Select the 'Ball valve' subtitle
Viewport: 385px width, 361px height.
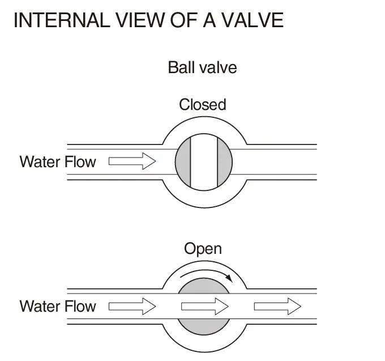click(202, 68)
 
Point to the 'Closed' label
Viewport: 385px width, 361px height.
click(202, 104)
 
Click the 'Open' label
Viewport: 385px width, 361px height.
click(203, 249)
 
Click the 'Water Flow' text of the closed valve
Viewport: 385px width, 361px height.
click(58, 162)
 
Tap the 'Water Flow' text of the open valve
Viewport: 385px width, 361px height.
click(58, 307)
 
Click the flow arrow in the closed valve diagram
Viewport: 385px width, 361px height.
click(132, 162)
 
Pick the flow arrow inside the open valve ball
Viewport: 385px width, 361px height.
click(204, 307)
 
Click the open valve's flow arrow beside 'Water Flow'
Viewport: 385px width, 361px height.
click(132, 307)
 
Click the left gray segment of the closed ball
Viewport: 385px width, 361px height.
click(183, 162)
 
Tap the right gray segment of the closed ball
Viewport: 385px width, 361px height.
click(225, 162)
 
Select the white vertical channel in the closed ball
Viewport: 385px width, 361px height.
click(204, 162)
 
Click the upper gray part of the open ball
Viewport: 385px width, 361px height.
click(204, 286)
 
